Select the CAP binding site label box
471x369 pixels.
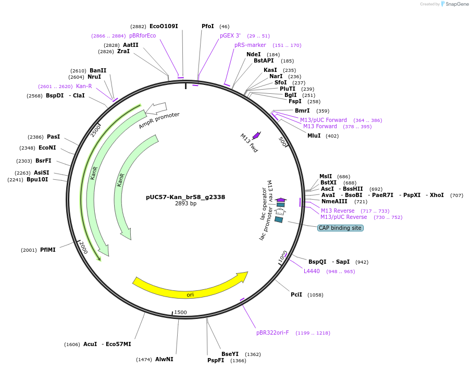click(x=340, y=228)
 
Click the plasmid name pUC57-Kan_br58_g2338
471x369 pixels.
click(x=185, y=197)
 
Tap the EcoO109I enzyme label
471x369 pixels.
click(x=164, y=26)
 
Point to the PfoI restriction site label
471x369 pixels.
click(x=208, y=26)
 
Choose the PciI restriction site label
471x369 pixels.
click(x=296, y=294)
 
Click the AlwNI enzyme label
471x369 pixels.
click(x=164, y=359)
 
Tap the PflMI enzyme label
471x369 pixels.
click(x=47, y=250)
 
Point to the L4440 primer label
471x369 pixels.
click(x=312, y=271)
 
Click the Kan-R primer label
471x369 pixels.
click(x=84, y=86)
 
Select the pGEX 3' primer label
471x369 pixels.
click(x=230, y=35)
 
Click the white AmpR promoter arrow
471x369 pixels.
click(x=156, y=108)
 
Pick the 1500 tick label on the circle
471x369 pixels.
click(x=180, y=312)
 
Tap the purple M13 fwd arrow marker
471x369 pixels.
click(x=256, y=135)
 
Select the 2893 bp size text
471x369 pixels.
click(x=185, y=203)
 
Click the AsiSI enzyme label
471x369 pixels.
click(x=42, y=173)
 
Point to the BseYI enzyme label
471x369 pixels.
click(x=230, y=354)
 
